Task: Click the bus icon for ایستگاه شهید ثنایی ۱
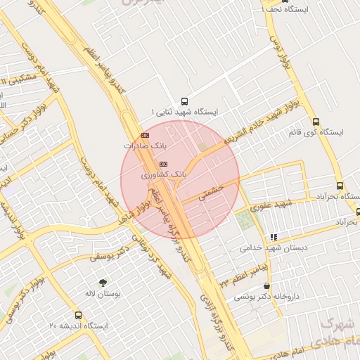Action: [x=185, y=101]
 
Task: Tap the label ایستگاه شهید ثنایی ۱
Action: [x=185, y=112]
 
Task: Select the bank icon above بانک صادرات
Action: [x=146, y=135]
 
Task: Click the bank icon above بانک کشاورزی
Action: [x=163, y=164]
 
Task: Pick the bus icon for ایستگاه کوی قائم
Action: [x=315, y=120]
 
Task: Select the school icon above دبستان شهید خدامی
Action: [x=273, y=238]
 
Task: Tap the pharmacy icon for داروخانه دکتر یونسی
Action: [x=266, y=286]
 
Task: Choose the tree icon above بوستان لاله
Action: [x=103, y=283]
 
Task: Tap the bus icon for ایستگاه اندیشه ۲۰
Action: [x=78, y=315]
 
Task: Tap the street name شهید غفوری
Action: [x=273, y=205]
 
